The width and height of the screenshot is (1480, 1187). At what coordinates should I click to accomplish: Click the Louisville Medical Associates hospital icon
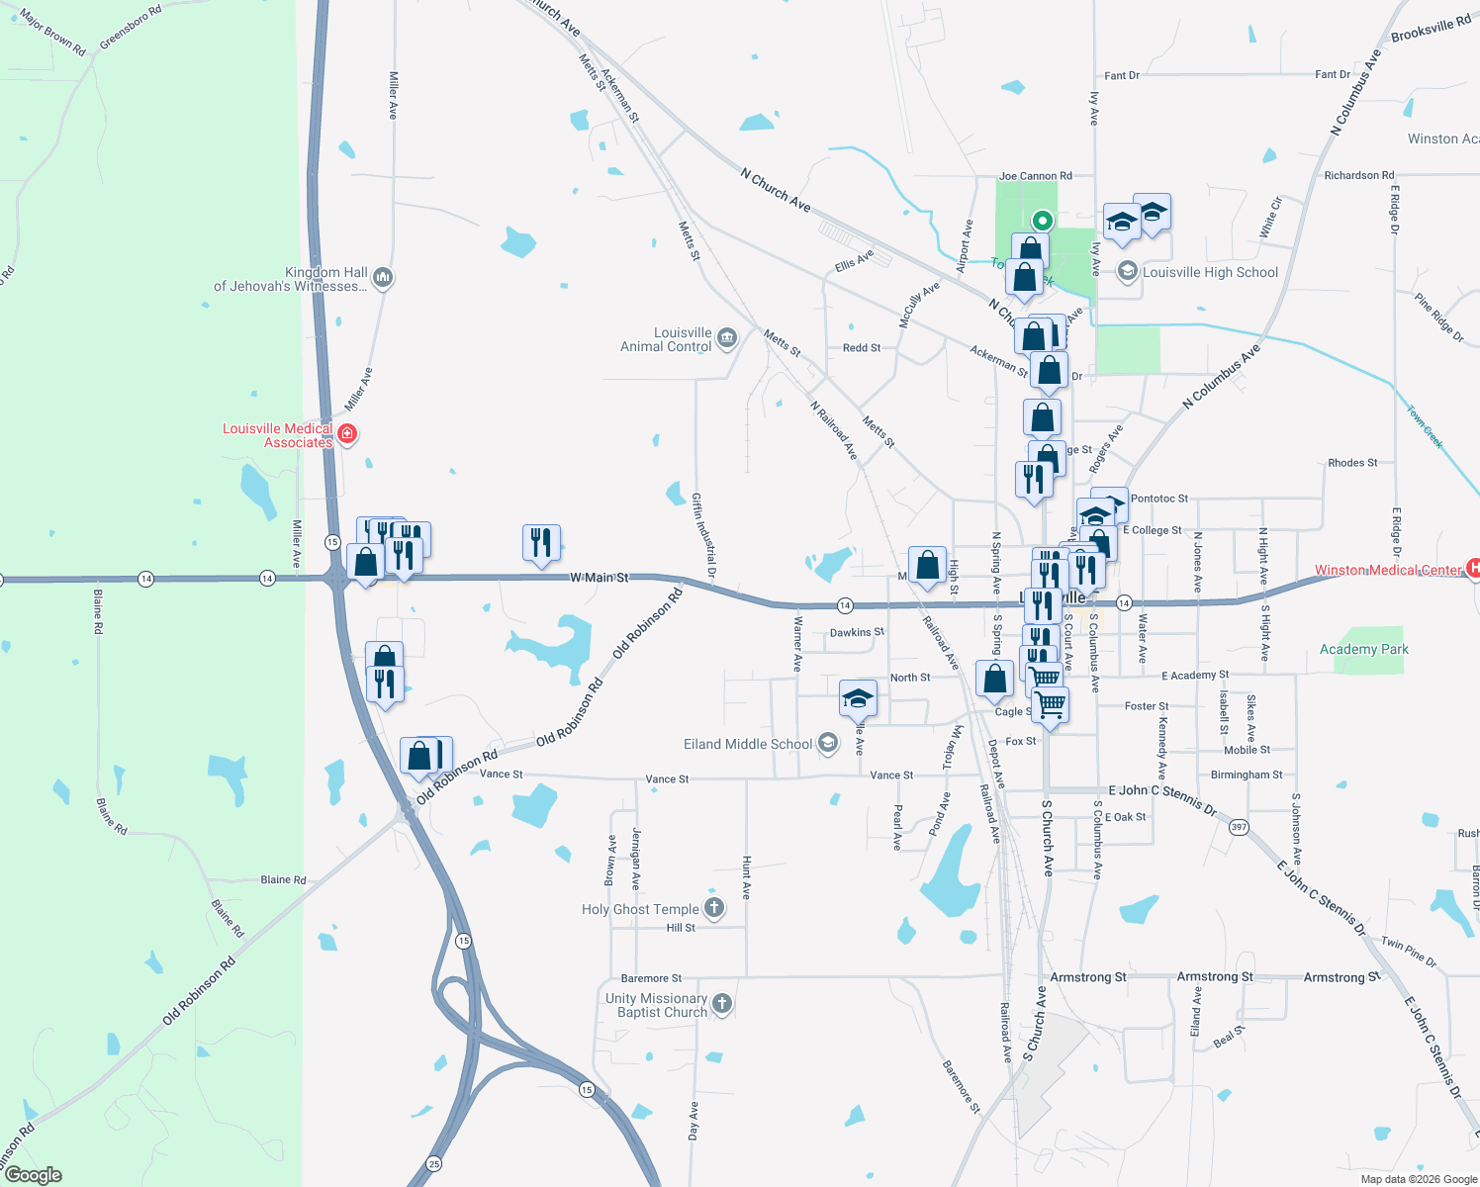coord(347,433)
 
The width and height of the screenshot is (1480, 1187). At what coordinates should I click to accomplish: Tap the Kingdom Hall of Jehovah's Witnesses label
coord(291,279)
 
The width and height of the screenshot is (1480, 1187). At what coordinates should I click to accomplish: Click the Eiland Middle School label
coord(748,744)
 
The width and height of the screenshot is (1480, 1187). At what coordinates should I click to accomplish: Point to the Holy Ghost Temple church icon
coord(714,908)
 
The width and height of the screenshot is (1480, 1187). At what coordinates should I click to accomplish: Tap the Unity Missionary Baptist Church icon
coord(722,1004)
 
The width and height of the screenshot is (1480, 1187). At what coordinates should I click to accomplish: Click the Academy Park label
coord(1363,649)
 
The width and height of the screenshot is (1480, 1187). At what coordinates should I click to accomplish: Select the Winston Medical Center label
coord(1387,570)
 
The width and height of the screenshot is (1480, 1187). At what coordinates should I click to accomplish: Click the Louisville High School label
coord(1210,272)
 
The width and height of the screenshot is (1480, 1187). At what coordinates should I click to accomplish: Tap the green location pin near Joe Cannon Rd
coord(1042,220)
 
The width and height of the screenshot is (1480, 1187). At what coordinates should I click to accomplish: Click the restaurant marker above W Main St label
coord(541,542)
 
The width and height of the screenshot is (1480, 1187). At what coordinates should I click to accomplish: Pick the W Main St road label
coord(599,577)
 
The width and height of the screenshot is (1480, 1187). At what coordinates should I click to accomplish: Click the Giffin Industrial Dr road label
coord(703,535)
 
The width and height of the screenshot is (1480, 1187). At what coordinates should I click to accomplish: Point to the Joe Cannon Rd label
coord(1035,176)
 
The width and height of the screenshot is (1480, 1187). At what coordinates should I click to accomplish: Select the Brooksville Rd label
coord(1431,29)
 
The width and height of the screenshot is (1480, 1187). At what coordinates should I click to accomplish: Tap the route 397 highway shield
coord(1239,827)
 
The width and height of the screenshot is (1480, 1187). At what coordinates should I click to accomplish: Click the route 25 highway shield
coord(434,1163)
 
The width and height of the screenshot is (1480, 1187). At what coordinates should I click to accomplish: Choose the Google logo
coord(33,1175)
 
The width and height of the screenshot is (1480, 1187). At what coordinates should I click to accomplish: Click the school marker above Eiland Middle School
coord(858,698)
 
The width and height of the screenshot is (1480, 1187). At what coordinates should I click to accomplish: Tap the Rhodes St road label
coord(1352,463)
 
